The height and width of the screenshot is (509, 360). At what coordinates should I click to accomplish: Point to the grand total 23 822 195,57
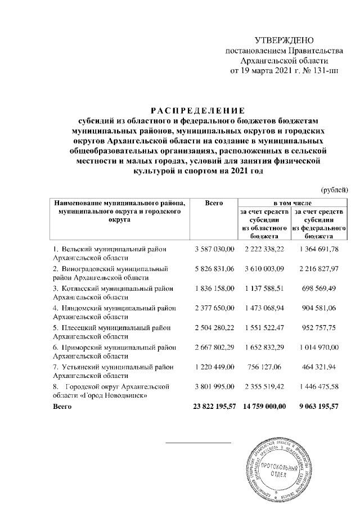click(211, 407)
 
